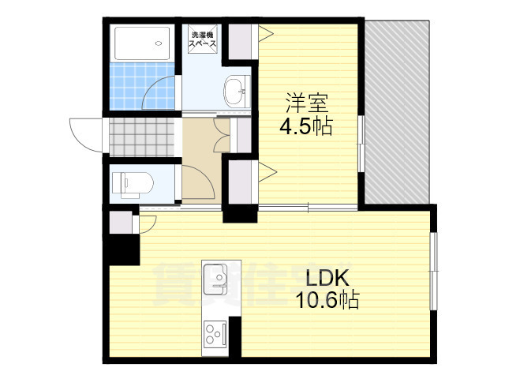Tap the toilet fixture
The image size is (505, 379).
pos(131,183)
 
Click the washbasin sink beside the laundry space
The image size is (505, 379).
pos(235,93)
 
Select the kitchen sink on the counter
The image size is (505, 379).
pos(215,277)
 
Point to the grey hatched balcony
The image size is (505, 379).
pos(398,111)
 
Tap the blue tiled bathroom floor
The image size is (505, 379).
pos(138,88)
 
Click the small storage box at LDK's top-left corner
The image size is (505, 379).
pos(121,222)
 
